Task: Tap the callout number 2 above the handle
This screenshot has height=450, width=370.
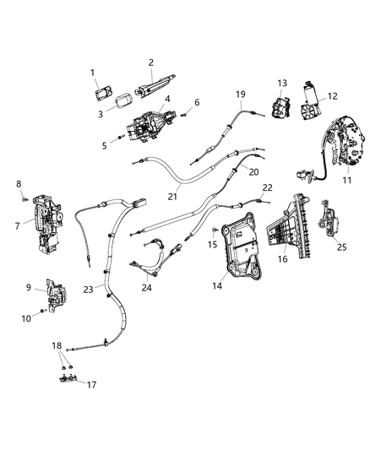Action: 151,62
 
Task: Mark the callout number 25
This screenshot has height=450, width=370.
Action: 341,247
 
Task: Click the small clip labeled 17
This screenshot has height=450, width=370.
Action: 68,378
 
